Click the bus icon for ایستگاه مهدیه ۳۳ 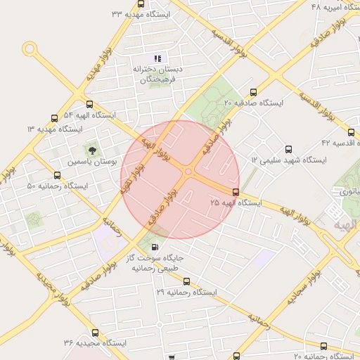point(141,4)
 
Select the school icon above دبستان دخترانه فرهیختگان point(157,58)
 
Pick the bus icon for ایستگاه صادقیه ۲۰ point(254,91)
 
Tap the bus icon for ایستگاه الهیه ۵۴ point(54,118)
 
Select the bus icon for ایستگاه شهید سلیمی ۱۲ point(288,149)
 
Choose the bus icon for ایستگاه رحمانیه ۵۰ point(57,175)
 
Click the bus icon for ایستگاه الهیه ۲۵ point(236,191)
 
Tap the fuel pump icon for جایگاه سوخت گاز point(155,247)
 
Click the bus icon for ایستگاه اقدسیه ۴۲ point(351,131)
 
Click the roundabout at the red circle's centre point(188,172)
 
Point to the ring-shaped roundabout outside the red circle point(30,49)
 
